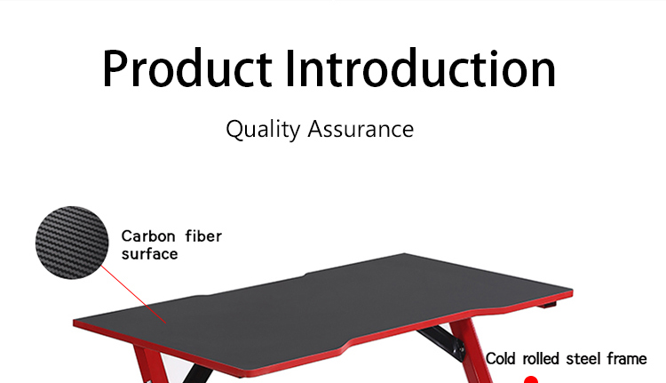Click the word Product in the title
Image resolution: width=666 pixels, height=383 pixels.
pyautogui.click(x=186, y=68)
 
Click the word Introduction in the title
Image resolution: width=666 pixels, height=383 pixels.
pyautogui.click(x=420, y=68)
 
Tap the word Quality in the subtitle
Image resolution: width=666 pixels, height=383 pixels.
pyautogui.click(x=263, y=129)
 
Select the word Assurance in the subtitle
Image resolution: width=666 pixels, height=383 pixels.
pyautogui.click(x=361, y=128)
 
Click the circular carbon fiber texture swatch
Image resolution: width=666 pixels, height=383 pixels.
pyautogui.click(x=72, y=243)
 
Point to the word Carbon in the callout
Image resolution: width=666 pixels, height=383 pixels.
pyautogui.click(x=148, y=236)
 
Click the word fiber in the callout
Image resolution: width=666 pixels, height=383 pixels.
pyautogui.click(x=203, y=235)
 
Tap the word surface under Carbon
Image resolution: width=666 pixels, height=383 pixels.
pyautogui.click(x=149, y=254)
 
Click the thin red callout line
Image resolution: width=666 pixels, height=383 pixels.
pyautogui.click(x=133, y=294)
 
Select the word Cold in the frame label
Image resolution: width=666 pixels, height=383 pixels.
pyautogui.click(x=501, y=359)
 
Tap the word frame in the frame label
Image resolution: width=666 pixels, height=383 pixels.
pyautogui.click(x=627, y=359)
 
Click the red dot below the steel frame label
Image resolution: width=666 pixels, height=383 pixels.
pyautogui.click(x=531, y=379)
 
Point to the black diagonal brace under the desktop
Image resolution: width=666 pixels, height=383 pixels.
pyautogui.click(x=441, y=343)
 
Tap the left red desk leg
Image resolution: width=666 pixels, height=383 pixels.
pyautogui.click(x=148, y=364)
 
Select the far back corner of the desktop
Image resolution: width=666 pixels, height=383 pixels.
pyautogui.click(x=404, y=254)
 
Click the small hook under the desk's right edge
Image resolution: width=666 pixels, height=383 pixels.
pyautogui.click(x=547, y=305)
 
